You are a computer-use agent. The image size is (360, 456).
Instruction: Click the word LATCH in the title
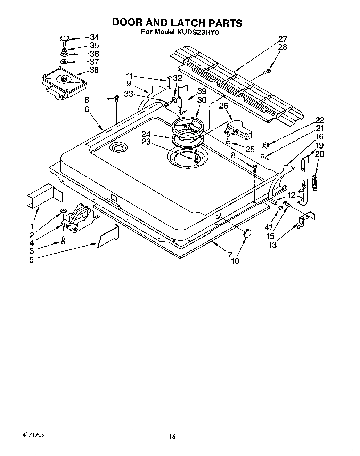188,23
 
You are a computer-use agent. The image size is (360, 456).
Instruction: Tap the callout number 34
95,37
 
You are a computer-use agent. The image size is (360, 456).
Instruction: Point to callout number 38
94,70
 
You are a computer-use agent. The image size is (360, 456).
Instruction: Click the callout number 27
283,39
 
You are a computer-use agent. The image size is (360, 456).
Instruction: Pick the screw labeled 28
267,72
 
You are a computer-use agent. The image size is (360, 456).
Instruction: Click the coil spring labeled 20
315,183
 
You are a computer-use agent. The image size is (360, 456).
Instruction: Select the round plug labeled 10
247,233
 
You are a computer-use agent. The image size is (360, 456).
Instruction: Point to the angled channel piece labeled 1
44,197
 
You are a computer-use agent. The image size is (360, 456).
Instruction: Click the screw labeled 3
63,240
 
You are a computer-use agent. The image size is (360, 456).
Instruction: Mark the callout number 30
202,100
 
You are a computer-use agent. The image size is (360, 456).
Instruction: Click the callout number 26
223,106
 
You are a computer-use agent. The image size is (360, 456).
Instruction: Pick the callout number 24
146,134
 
